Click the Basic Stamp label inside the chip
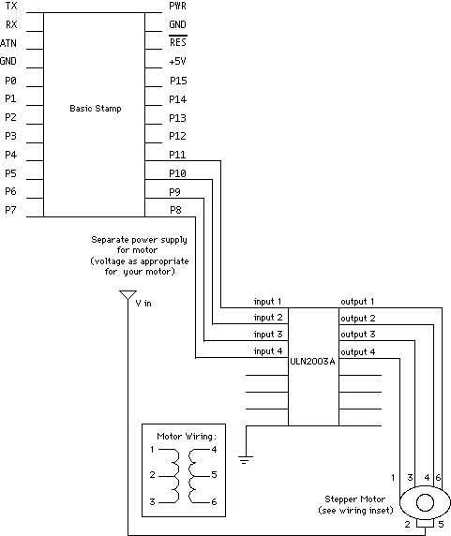pyautogui.click(x=96, y=109)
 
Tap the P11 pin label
pyautogui.click(x=177, y=155)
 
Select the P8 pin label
pyautogui.click(x=175, y=210)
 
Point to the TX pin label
pyautogui.click(x=11, y=6)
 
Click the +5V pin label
pyautogui.click(x=177, y=62)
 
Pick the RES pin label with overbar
pyautogui.click(x=178, y=41)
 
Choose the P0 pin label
pyautogui.click(x=10, y=81)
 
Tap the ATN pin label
pyautogui.click(x=8, y=43)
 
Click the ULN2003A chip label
pyautogui.click(x=312, y=362)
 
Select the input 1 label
pyautogui.click(x=267, y=302)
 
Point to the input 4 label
pyautogui.click(x=268, y=351)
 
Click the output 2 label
pyautogui.click(x=358, y=319)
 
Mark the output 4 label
pyautogui.click(x=357, y=351)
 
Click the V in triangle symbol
pyautogui.click(x=128, y=295)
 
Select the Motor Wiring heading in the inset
pyautogui.click(x=187, y=437)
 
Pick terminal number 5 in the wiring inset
pyautogui.click(x=214, y=474)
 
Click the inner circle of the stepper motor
pyautogui.click(x=425, y=502)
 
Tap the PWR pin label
pyautogui.click(x=178, y=6)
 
